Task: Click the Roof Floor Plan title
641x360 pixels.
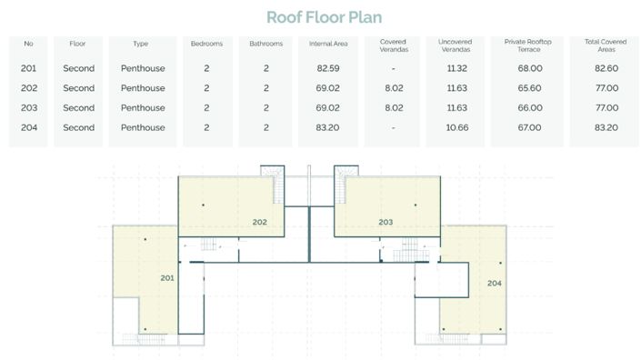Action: coord(325,17)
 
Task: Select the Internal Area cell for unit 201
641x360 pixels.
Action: coord(328,68)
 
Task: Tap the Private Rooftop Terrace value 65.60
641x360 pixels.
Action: coord(529,88)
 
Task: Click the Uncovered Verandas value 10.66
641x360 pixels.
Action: coord(457,127)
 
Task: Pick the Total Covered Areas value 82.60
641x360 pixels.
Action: coord(606,68)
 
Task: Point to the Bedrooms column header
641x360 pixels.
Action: coord(207,44)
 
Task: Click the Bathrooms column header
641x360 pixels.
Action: coord(266,44)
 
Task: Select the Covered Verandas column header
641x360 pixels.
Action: coord(394,45)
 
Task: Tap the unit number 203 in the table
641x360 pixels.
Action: coord(29,108)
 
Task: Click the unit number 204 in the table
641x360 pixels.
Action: coord(29,127)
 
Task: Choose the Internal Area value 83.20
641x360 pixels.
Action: coord(327,127)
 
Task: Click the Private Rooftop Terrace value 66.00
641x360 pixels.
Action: coord(530,108)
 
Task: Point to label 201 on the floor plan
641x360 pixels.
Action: coord(167,278)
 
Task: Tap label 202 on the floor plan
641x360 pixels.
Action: coord(260,223)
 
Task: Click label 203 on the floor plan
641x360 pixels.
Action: coord(386,223)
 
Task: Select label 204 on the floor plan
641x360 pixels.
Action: coord(495,283)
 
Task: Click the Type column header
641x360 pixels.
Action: coord(141,44)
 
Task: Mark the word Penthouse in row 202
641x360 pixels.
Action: coord(143,88)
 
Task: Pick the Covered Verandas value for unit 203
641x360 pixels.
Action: coord(394,108)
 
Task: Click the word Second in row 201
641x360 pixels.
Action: coord(79,68)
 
